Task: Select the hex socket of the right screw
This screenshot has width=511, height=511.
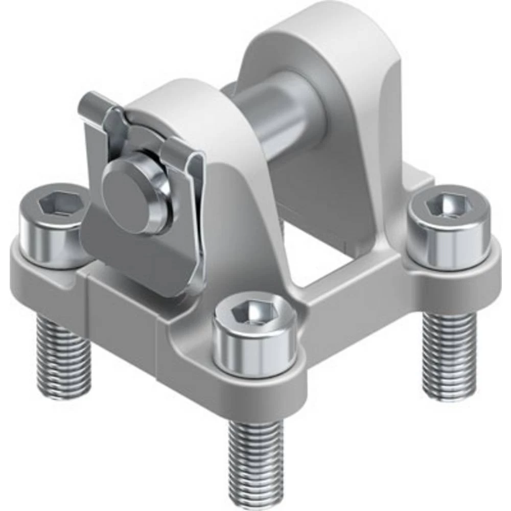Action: pyautogui.click(x=450, y=205)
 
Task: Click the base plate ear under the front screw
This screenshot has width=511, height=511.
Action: pyautogui.click(x=255, y=388)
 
